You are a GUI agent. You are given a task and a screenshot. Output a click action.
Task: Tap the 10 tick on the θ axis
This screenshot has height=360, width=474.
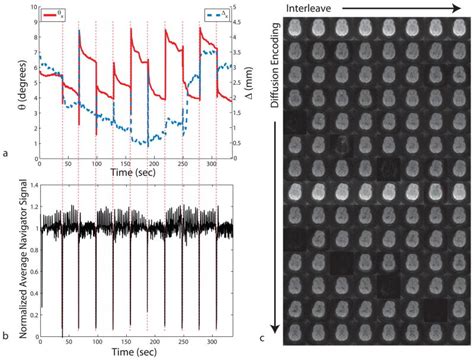30,8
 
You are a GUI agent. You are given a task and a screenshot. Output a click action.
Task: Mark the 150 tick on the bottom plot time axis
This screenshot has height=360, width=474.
125,342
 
